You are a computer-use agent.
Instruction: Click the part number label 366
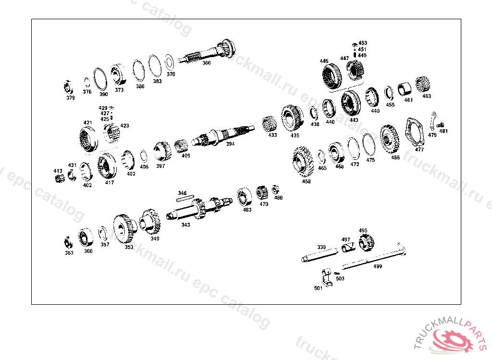206,63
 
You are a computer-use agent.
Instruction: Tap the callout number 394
230,144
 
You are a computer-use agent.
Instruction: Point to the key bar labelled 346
185,198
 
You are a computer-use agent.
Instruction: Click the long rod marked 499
374,256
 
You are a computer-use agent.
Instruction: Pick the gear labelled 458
303,161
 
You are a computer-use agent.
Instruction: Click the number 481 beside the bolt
443,132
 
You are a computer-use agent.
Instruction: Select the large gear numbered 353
124,229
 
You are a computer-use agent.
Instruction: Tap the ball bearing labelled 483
245,197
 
